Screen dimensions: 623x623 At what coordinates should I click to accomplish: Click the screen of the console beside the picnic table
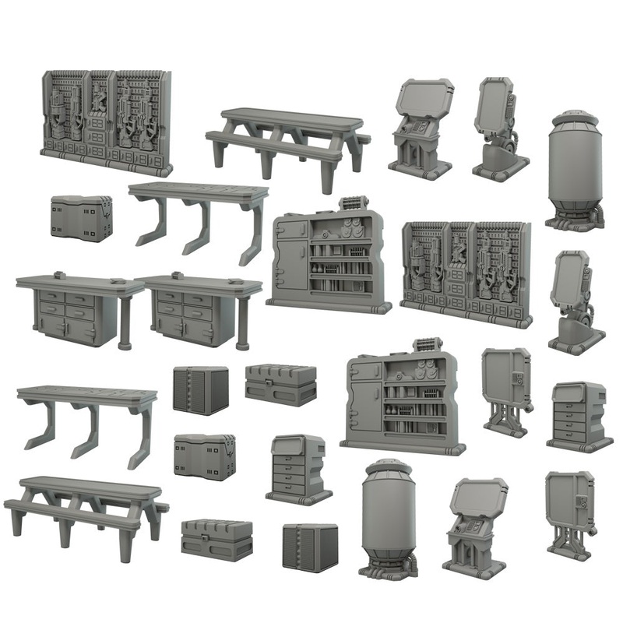[424, 107]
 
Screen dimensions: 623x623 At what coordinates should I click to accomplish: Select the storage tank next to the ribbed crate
[389, 518]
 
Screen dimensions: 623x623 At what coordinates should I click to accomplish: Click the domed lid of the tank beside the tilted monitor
[575, 119]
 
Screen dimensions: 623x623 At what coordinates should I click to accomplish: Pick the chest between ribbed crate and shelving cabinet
[280, 384]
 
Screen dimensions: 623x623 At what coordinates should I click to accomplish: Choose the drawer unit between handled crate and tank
[299, 470]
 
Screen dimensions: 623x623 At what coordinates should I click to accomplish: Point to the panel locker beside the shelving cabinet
[506, 387]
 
